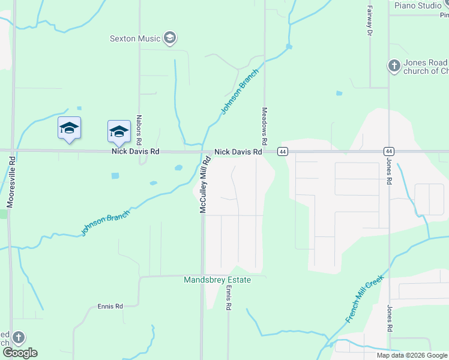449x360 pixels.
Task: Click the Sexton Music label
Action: [135, 38]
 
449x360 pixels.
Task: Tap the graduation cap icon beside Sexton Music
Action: [170, 38]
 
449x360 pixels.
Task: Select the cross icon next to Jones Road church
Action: [394, 65]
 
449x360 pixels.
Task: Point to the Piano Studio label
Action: [418, 5]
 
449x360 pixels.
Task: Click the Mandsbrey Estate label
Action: [217, 280]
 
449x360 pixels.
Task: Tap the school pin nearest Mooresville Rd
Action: [70, 128]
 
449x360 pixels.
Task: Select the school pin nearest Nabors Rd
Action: [119, 132]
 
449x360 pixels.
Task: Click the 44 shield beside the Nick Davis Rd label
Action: [282, 152]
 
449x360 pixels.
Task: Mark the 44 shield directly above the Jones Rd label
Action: [390, 152]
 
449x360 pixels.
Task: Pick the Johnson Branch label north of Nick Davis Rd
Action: [240, 91]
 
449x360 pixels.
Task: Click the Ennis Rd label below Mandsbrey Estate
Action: [228, 298]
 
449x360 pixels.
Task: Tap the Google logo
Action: [19, 353]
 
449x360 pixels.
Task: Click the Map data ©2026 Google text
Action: [412, 355]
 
